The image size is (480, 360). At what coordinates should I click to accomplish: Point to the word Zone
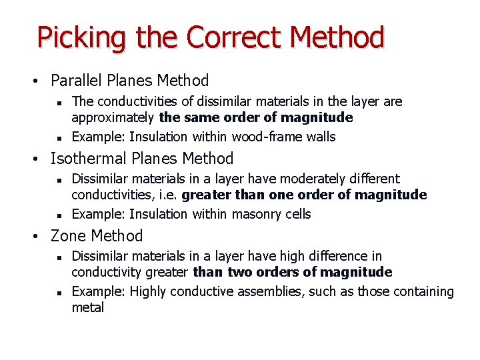(x=69, y=236)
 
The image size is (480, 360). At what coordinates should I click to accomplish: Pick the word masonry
(x=257, y=214)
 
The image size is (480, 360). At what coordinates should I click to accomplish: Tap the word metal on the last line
(x=88, y=308)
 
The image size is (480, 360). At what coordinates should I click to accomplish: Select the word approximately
(x=113, y=118)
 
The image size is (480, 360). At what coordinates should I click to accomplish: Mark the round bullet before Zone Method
(x=41, y=237)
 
